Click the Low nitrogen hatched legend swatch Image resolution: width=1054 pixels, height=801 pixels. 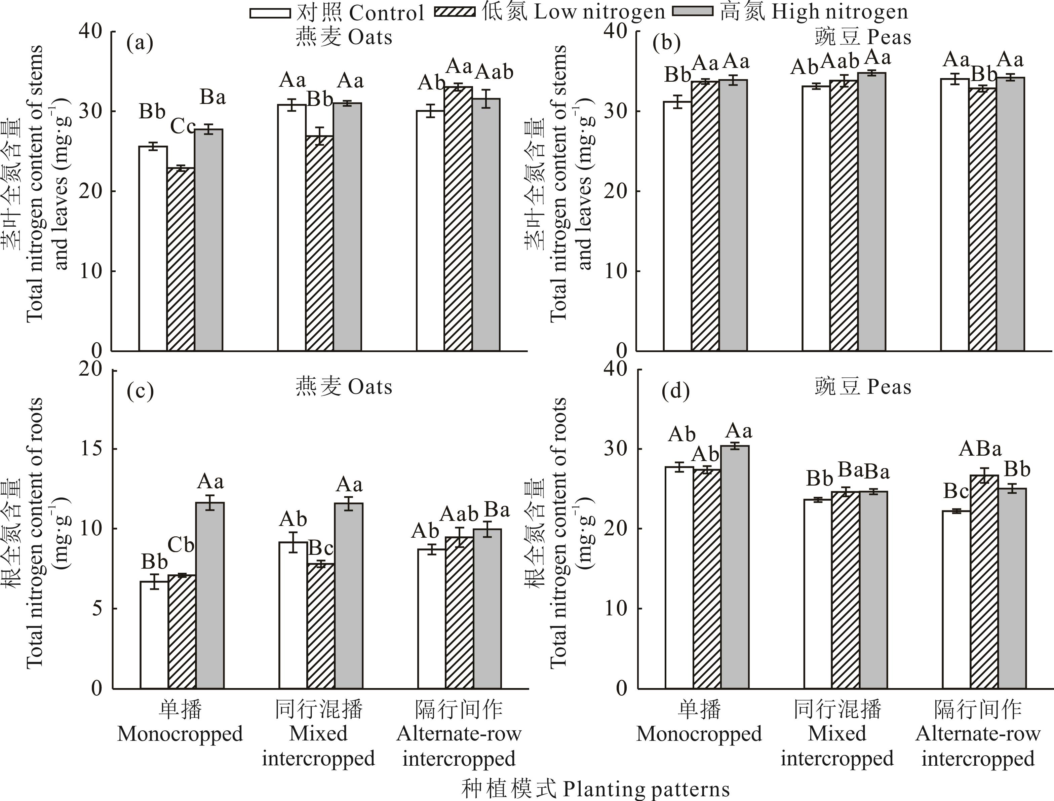[455, 12]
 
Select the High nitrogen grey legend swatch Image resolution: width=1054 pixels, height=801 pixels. [692, 12]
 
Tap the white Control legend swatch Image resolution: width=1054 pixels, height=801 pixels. [270, 13]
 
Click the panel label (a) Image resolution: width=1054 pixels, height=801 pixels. [140, 43]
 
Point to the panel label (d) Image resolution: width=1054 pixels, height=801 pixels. [676, 391]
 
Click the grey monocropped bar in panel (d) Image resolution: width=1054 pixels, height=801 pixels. [735, 567]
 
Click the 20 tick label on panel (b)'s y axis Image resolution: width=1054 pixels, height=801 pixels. [616, 191]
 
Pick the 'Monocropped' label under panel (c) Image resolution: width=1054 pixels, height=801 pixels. [180, 734]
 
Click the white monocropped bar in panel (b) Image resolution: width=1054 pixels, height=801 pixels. [677, 226]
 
